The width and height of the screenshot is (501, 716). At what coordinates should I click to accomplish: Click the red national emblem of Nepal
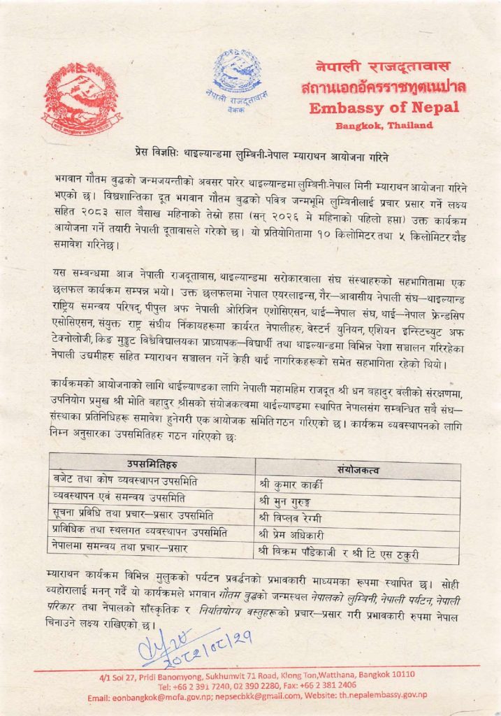(82, 98)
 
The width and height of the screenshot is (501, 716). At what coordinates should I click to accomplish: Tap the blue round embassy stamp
(237, 78)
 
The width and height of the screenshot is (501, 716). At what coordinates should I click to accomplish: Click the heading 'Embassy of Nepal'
(384, 108)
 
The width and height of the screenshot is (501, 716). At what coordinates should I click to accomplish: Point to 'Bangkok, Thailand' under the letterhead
(384, 126)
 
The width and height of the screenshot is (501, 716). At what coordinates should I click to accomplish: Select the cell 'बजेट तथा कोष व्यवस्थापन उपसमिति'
(126, 481)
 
